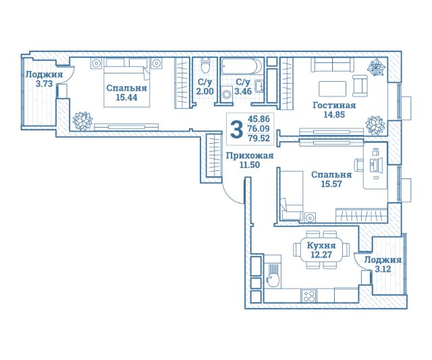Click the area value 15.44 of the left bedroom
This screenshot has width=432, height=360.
(126, 97)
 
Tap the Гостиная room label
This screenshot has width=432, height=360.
(334, 105)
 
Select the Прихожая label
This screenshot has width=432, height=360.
(250, 156)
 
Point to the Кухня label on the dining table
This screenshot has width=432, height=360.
(321, 245)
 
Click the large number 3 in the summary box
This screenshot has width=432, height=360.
(236, 130)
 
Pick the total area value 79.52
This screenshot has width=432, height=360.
(259, 138)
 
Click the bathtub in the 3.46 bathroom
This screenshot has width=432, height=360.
(242, 66)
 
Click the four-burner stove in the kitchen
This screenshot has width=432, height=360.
(309, 297)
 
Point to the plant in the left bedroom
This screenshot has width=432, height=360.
(82, 121)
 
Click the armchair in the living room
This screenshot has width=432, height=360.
(360, 86)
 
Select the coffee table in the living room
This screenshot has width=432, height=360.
(332, 88)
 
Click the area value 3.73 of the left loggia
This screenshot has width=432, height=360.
(44, 84)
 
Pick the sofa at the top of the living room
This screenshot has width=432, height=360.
(333, 65)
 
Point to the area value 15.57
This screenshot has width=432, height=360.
(331, 184)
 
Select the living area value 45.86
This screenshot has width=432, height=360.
(259, 119)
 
